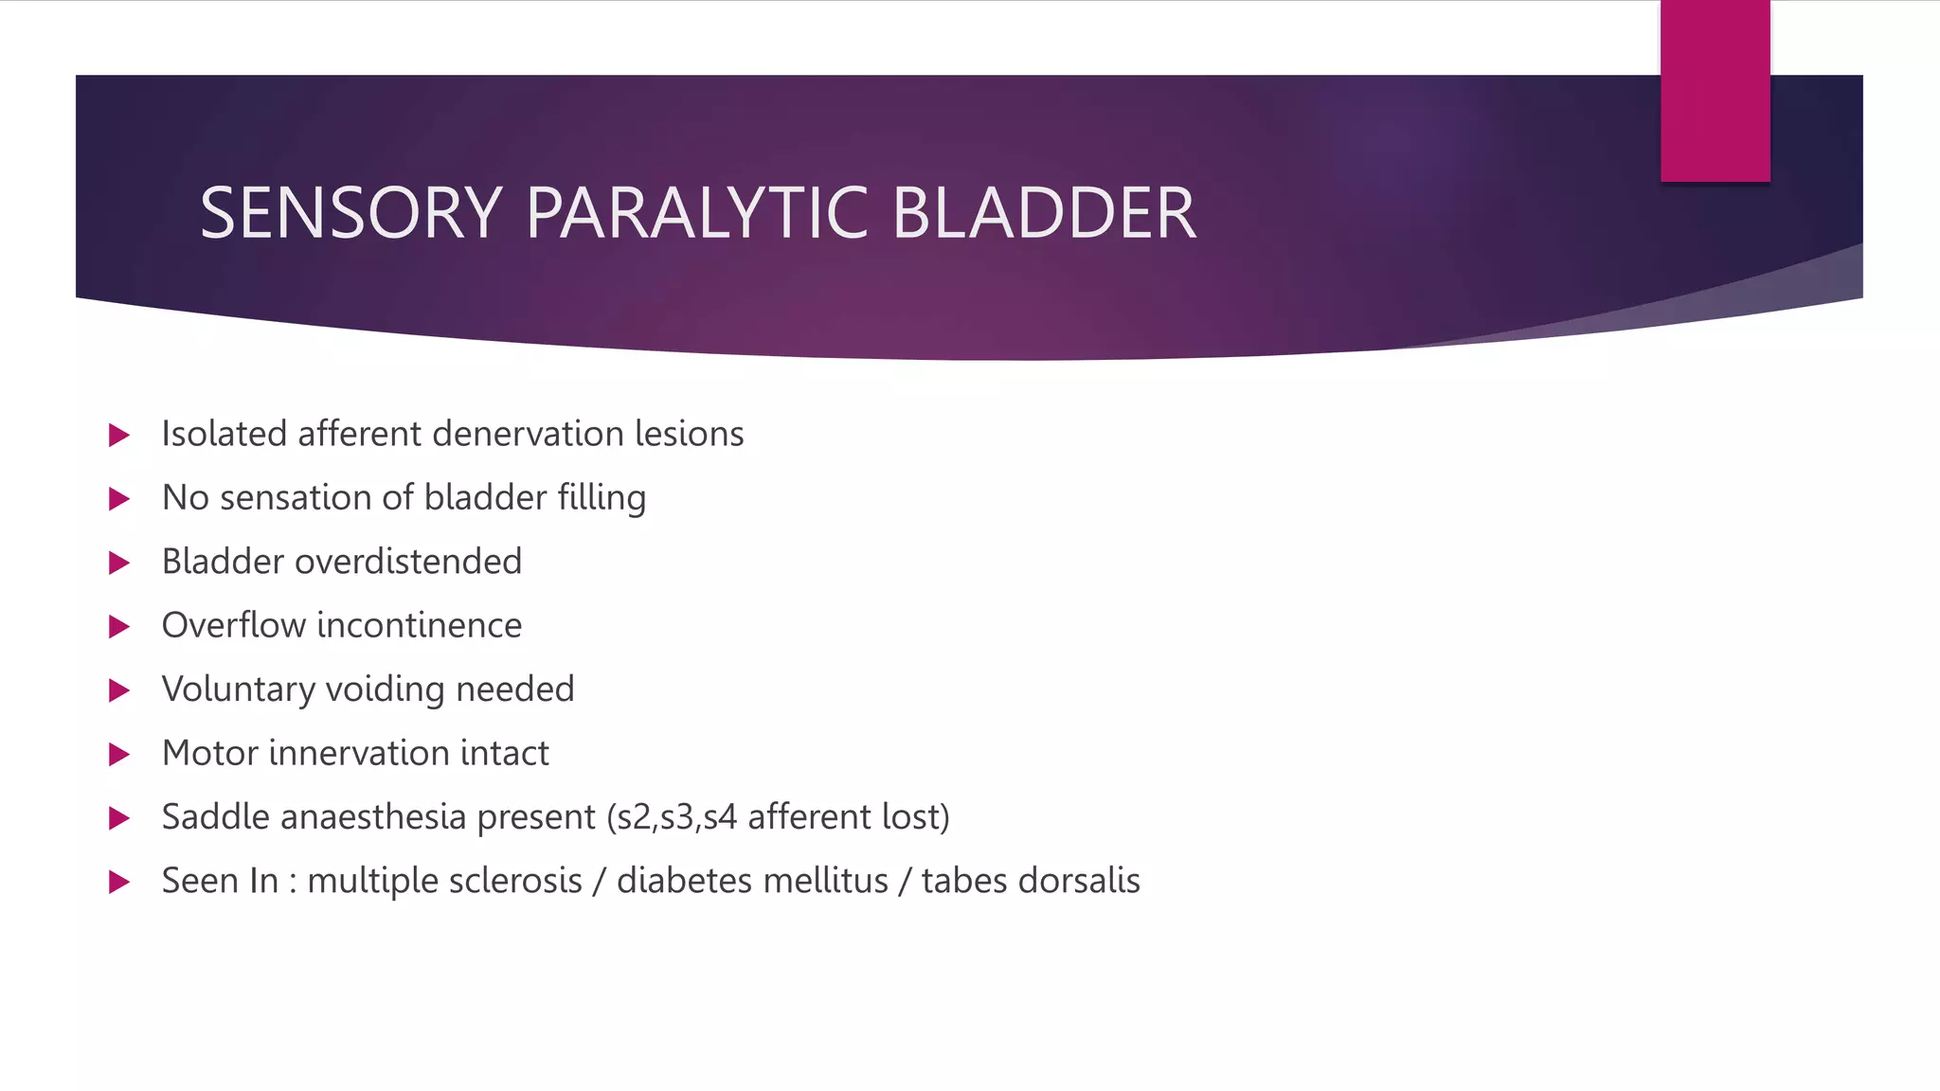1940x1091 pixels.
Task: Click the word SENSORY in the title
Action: point(350,213)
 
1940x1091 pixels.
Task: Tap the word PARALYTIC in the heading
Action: point(696,213)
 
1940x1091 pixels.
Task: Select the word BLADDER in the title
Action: point(1044,213)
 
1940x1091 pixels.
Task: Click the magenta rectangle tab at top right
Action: point(1715,91)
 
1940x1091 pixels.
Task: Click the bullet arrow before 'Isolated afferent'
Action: point(119,435)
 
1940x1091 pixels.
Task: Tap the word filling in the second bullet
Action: point(602,498)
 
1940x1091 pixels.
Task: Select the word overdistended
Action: point(408,562)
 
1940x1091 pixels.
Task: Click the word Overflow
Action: point(233,625)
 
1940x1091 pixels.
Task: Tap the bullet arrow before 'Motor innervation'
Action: point(119,754)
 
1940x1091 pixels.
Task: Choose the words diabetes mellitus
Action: point(752,881)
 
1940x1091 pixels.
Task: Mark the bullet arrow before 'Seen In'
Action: point(119,882)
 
